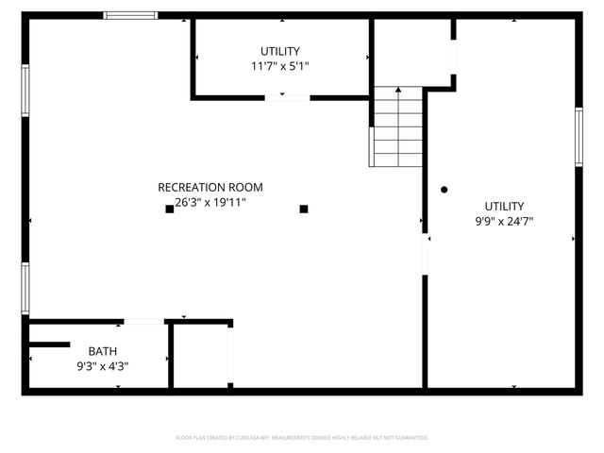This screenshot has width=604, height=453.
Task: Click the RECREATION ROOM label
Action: click(x=210, y=187)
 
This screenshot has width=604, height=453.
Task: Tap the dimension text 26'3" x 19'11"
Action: click(x=204, y=202)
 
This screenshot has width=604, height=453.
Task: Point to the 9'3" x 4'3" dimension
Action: click(x=103, y=365)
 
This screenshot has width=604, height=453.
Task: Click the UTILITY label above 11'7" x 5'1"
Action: click(x=280, y=51)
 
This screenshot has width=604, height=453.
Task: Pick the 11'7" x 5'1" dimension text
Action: click(x=280, y=66)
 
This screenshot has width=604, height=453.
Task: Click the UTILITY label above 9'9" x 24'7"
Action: click(x=505, y=206)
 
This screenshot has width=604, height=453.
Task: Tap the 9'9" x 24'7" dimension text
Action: click(x=505, y=221)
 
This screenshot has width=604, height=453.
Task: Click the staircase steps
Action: click(x=396, y=127)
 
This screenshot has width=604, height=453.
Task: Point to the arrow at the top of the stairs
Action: click(x=397, y=91)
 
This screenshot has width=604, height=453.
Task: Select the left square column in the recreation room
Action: click(x=170, y=209)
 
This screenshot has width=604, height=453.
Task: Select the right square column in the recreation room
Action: click(x=304, y=209)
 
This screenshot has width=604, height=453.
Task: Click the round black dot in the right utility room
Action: click(x=444, y=190)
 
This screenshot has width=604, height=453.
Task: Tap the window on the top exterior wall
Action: click(x=130, y=15)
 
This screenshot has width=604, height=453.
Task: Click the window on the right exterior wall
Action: click(x=579, y=138)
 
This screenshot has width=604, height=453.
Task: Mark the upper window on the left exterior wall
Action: click(x=25, y=91)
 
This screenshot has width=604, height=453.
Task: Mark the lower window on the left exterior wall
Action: click(x=25, y=288)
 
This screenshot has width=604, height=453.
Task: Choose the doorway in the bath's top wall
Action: click(x=143, y=323)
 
